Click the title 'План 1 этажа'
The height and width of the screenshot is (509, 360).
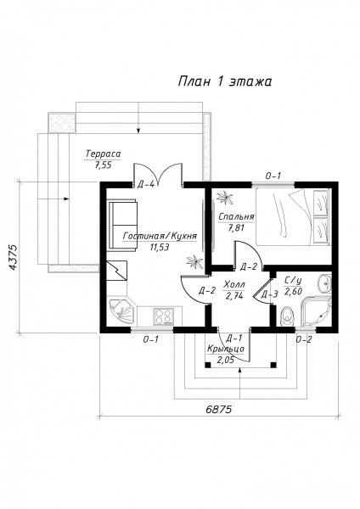tap(224, 81)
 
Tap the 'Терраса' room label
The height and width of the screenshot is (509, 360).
tap(104, 154)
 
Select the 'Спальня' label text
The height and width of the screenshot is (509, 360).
tap(236, 216)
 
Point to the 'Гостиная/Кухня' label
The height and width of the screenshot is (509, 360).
tap(160, 236)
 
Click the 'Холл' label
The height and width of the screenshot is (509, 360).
tap(234, 285)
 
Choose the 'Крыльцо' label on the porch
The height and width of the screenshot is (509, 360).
tap(226, 349)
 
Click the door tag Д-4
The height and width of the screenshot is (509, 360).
tap(146, 185)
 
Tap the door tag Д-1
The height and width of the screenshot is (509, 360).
tap(235, 338)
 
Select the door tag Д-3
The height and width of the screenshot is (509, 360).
tap(269, 294)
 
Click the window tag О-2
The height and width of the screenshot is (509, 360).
tap(304, 340)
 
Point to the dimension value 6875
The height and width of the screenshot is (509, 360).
tap(219, 410)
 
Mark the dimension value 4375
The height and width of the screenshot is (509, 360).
tap(13, 257)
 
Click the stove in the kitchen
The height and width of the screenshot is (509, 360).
tap(163, 316)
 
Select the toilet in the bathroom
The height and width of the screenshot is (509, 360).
tap(287, 316)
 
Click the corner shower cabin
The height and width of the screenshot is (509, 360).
tap(317, 311)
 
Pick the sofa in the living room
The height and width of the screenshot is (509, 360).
tap(123, 226)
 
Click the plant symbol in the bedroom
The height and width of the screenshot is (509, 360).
tap(225, 198)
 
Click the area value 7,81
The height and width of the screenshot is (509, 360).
tap(236, 228)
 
